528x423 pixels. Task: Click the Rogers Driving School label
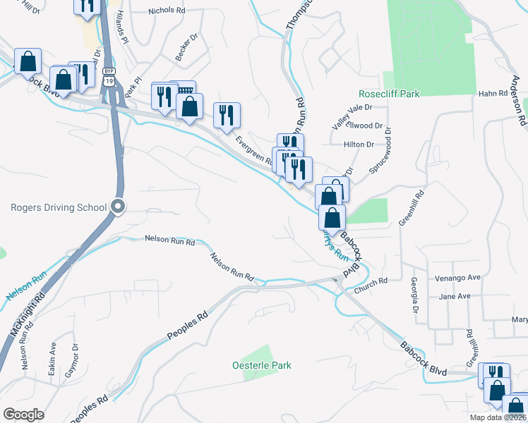[x=59, y=207]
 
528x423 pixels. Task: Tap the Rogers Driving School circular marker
[x=119, y=207]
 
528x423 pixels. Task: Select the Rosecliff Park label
[x=389, y=93]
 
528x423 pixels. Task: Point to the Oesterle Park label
[x=262, y=365]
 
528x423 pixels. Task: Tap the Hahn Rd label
[x=493, y=93]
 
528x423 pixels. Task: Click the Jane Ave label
[x=455, y=297]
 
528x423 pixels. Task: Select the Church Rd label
[x=372, y=281]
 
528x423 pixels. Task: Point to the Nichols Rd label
[x=167, y=11]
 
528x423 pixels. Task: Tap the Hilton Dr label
[x=358, y=144]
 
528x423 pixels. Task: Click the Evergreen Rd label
[x=254, y=150]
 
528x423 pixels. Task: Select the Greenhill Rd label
[x=412, y=207]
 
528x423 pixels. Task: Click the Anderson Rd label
[x=522, y=106]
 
